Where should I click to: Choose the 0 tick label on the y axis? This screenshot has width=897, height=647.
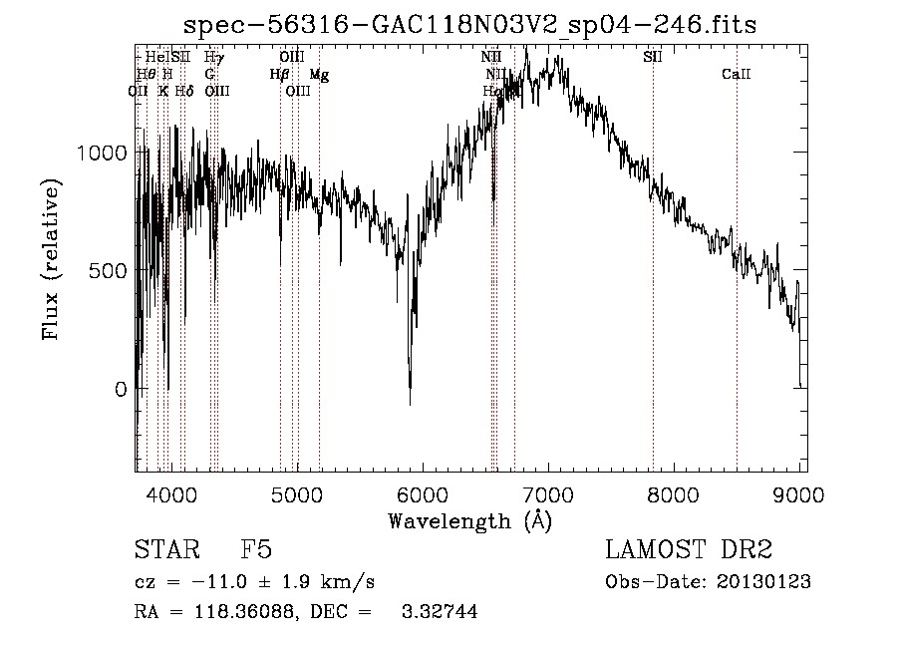pyautogui.click(x=121, y=389)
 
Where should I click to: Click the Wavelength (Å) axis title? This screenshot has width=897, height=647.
pyautogui.click(x=469, y=519)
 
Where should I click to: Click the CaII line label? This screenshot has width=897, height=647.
pyautogui.click(x=736, y=75)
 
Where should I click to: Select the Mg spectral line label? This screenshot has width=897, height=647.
pyautogui.click(x=318, y=75)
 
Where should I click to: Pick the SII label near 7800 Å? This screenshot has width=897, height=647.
pyautogui.click(x=653, y=58)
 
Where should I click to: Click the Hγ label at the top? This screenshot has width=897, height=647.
pyautogui.click(x=213, y=58)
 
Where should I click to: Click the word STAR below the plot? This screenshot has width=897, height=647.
pyautogui.click(x=163, y=550)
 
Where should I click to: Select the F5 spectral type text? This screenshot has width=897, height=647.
pyautogui.click(x=256, y=550)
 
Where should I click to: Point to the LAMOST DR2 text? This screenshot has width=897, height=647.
pyautogui.click(x=689, y=550)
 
